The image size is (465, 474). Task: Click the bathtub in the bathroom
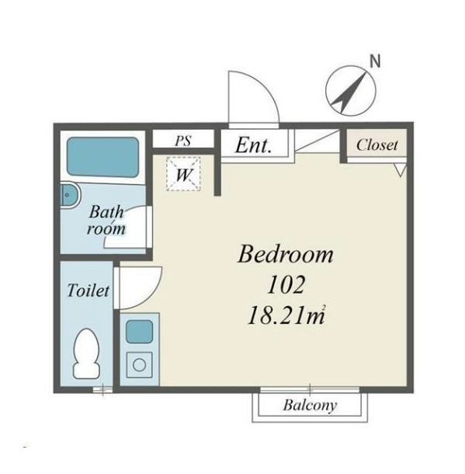pos(102,157)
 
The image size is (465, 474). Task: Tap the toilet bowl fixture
pos(87,353)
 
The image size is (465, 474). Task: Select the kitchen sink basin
pos(139,331)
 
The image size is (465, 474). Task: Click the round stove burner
pos(139,365)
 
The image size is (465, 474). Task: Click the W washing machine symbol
pos(183,174)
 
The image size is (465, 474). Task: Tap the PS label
pos(183,141)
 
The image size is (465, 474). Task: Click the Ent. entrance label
pos(253,146)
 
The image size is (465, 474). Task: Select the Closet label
pos(377,145)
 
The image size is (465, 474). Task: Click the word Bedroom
pos(286,255)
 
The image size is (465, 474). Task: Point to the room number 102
pos(286,284)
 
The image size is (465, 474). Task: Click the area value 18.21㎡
pos(286,315)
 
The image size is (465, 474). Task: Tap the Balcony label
pos(310,405)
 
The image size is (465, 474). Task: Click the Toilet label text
pos(88,291)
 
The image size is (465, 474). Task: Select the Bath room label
pos(106,220)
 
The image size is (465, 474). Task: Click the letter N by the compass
pos(375,61)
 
